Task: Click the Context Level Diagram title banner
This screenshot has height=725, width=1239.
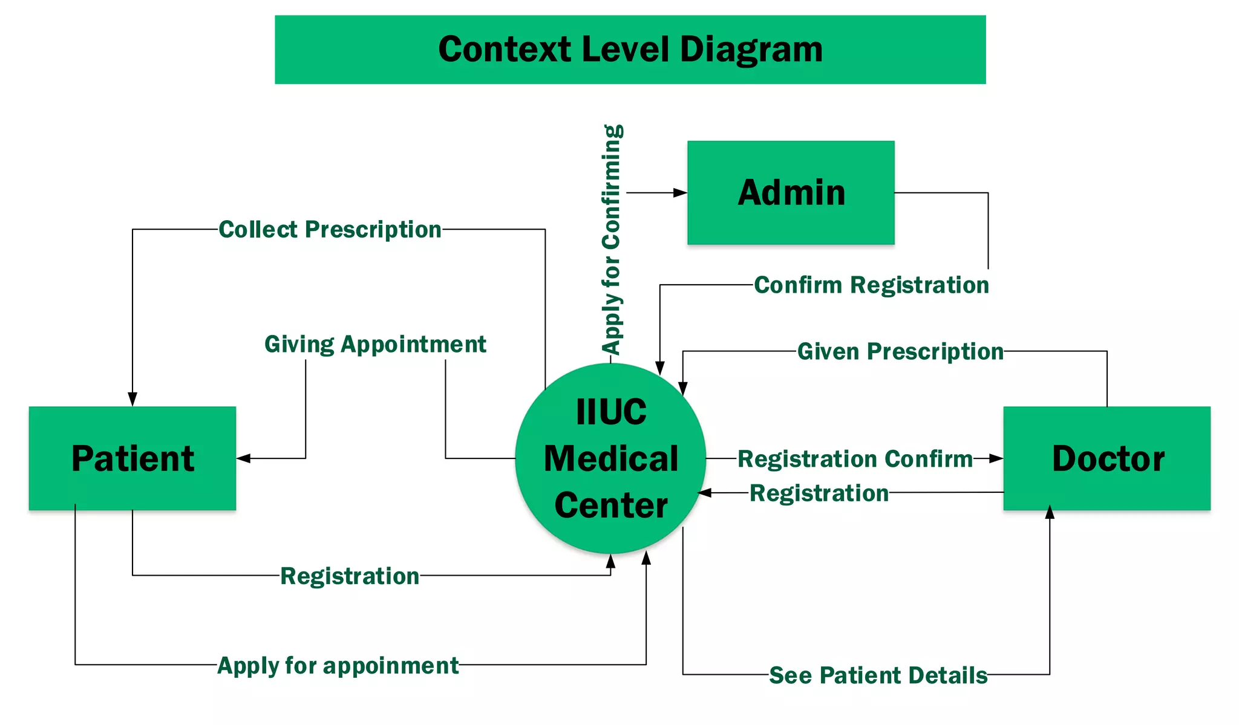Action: pyautogui.click(x=630, y=50)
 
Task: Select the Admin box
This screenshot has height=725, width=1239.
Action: pyautogui.click(x=791, y=193)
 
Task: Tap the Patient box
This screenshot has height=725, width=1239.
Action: pyautogui.click(x=132, y=458)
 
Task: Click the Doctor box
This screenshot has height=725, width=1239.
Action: pyautogui.click(x=1107, y=458)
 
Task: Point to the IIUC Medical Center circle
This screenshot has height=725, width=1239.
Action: pyautogui.click(x=610, y=458)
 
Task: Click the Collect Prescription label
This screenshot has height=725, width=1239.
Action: pyautogui.click(x=330, y=230)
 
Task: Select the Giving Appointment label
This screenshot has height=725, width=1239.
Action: pyautogui.click(x=375, y=345)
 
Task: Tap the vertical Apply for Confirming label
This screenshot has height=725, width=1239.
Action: pyautogui.click(x=612, y=239)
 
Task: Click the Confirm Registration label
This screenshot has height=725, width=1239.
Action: pyautogui.click(x=871, y=285)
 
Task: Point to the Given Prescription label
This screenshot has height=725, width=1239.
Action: pyautogui.click(x=900, y=351)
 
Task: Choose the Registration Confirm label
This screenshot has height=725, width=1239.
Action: pyautogui.click(x=855, y=459)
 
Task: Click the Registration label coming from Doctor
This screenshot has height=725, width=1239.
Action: pyautogui.click(x=819, y=493)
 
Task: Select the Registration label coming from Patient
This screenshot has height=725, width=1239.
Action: pyautogui.click(x=350, y=576)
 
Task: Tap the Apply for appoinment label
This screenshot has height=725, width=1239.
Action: pyautogui.click(x=338, y=666)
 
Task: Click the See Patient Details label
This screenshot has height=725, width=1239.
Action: pyautogui.click(x=878, y=675)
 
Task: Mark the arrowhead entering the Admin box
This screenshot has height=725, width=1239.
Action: pyautogui.click(x=681, y=193)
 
